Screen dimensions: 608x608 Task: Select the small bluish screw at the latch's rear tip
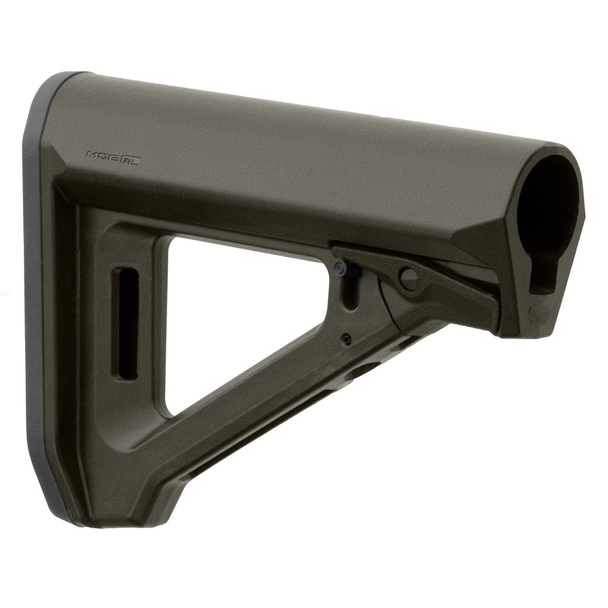click(340, 266)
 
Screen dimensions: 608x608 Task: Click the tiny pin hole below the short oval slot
click(347, 338)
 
